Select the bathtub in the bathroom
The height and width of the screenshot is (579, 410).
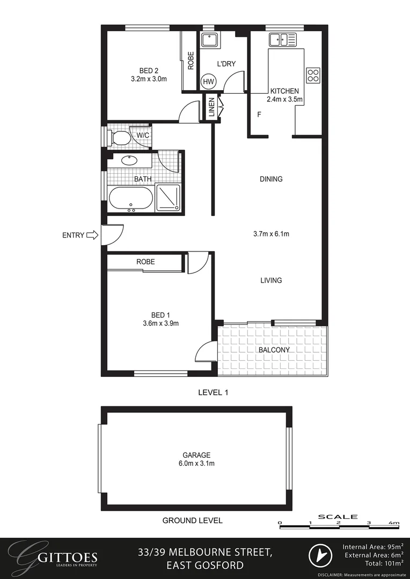click(131, 199)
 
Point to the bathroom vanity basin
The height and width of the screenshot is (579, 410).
click(129, 160)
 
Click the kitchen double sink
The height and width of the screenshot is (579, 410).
click(282, 39)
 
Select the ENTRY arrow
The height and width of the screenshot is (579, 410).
click(92, 235)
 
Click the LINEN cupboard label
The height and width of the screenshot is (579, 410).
click(212, 107)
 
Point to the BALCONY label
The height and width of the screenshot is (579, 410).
click(274, 350)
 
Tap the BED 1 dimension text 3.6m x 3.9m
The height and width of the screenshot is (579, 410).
click(160, 323)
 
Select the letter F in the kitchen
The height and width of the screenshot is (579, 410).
click(259, 115)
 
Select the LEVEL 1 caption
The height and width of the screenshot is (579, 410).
click(213, 392)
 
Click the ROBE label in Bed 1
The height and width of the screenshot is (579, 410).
click(145, 262)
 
